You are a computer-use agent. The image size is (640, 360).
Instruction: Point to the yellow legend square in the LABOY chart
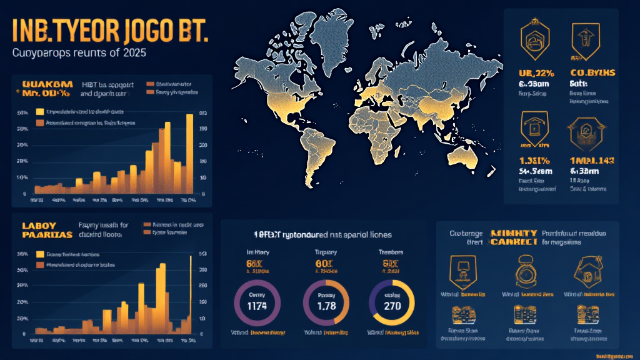pos(41,254)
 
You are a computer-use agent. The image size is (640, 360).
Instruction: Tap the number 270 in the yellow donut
pos(391,306)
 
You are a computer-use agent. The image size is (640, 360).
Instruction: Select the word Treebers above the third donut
pos(391,252)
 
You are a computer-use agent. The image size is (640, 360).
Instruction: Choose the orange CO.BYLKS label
pos(592,72)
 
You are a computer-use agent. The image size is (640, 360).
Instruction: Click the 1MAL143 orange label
pos(591,160)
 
